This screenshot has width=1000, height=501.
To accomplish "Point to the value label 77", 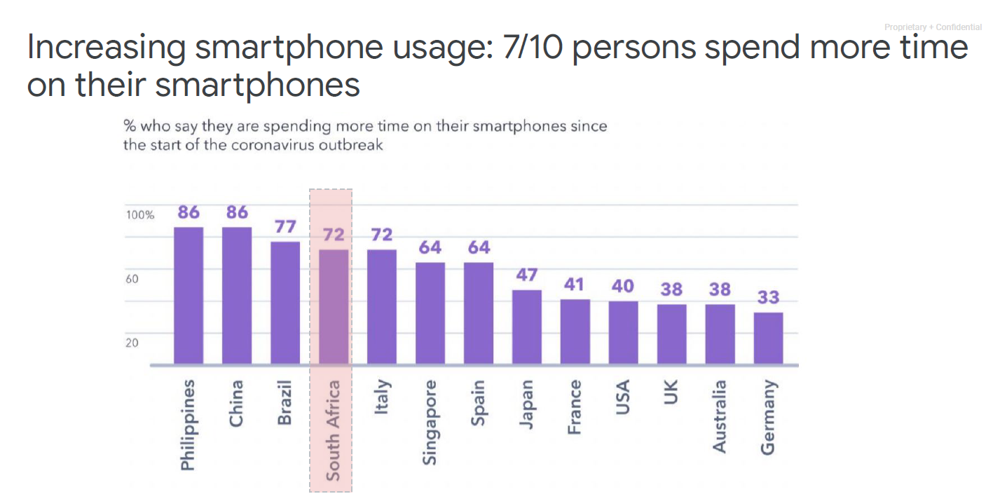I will click(x=286, y=227).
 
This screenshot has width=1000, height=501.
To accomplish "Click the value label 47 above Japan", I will click(x=527, y=275).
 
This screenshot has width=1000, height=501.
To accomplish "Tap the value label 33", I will click(x=769, y=298).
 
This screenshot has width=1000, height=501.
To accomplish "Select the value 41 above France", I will click(x=575, y=285).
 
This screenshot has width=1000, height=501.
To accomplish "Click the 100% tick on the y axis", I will click(x=140, y=215).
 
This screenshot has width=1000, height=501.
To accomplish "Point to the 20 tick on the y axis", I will click(x=132, y=343).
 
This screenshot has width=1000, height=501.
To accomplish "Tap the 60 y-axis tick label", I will click(x=132, y=279).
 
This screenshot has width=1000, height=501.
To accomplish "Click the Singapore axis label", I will click(x=430, y=422).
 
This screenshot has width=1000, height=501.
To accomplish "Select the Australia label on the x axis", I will click(x=720, y=416).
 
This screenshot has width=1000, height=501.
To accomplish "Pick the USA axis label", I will click(x=622, y=397).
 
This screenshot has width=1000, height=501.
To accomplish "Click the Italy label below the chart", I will click(x=382, y=397).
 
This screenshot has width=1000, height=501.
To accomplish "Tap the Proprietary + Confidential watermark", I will click(x=933, y=27).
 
